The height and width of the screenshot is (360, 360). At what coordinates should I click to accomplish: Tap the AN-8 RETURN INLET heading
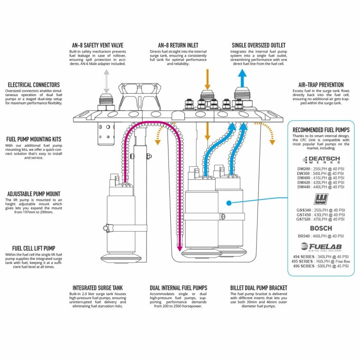pyautogui.click(x=178, y=45)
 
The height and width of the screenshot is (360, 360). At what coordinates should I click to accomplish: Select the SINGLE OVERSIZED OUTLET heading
pyautogui.click(x=259, y=45)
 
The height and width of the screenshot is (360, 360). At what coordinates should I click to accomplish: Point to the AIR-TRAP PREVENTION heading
pyautogui.click(x=321, y=85)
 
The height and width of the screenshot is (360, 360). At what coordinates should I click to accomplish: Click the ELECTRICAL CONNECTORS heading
pyautogui.click(x=33, y=85)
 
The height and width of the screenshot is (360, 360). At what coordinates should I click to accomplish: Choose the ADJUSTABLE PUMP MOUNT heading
pyautogui.click(x=33, y=194)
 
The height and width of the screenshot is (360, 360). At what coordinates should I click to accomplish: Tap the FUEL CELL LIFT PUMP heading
pyautogui.click(x=31, y=248)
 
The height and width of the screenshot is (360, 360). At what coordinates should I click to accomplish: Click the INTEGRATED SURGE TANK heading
pyautogui.click(x=98, y=288)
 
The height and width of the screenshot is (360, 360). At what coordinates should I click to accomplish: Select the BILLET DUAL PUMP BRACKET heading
pyautogui.click(x=258, y=288)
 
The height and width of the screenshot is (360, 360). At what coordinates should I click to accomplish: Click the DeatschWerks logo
pyautogui.click(x=321, y=160)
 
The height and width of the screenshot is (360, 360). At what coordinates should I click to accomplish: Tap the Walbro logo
pyautogui.click(x=321, y=199)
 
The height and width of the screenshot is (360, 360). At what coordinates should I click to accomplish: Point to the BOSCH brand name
pyautogui.click(x=321, y=228)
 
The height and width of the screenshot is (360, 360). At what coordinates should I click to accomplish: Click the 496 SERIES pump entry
pyautogui.click(x=321, y=266)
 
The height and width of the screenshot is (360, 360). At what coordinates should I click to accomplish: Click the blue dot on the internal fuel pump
pyautogui.click(x=228, y=203)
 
